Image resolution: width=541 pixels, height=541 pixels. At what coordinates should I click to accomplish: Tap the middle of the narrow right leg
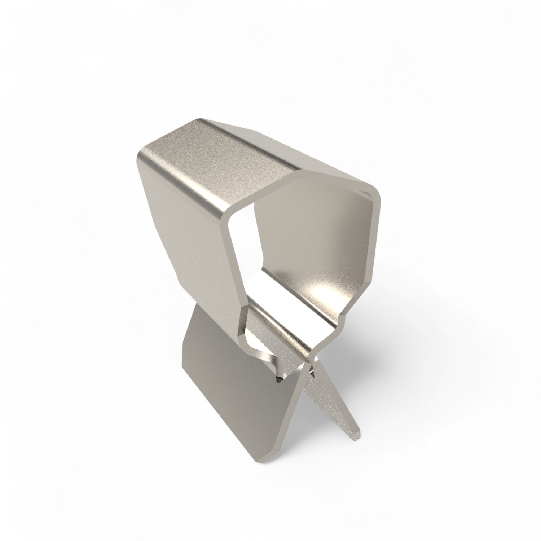pos(335,404)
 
